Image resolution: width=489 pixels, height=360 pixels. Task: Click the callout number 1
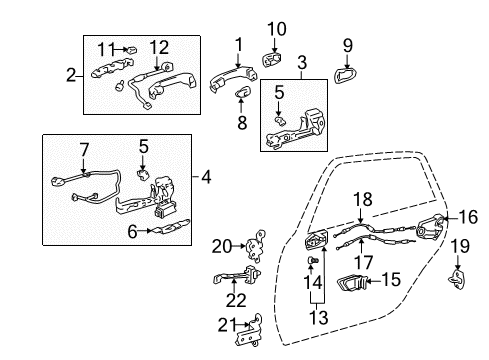238,43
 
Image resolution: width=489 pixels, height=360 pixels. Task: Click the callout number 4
206,178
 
